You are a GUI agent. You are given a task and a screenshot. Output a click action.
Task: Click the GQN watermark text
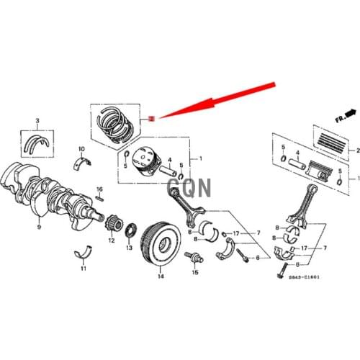189,189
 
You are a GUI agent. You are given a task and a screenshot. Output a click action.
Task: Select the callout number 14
161,276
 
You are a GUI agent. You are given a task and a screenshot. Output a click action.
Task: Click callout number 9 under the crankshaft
39,227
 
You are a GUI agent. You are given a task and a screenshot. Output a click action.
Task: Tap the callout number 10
81,148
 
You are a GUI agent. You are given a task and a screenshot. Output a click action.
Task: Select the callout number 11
82,269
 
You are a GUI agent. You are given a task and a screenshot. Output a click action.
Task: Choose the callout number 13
129,247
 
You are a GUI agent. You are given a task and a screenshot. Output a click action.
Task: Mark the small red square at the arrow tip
151,117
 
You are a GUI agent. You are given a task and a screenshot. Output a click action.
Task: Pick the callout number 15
194,274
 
